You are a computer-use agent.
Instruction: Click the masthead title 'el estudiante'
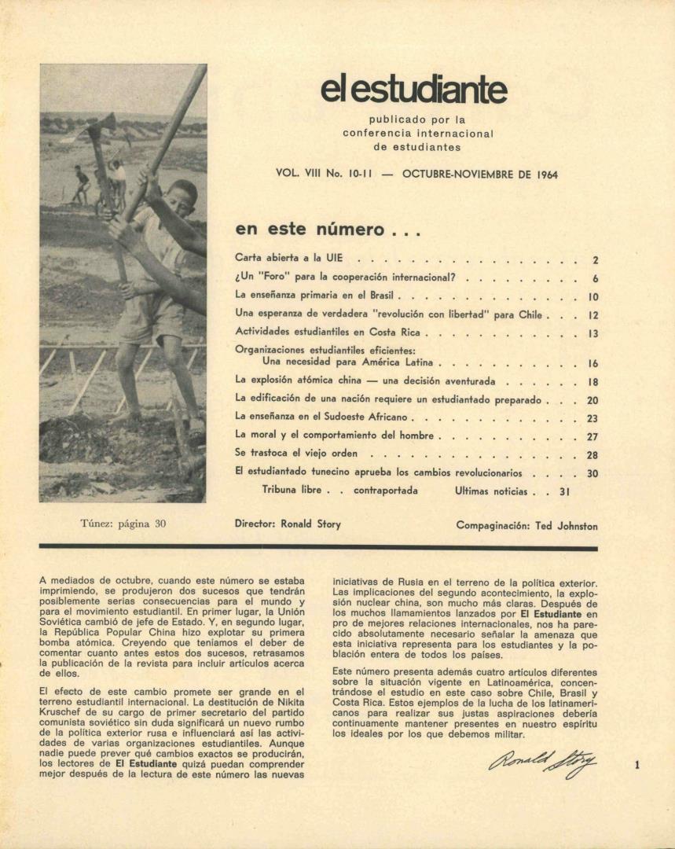(413, 90)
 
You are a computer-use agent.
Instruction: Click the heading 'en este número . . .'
(317, 230)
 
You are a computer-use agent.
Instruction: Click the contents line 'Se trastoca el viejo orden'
(296, 454)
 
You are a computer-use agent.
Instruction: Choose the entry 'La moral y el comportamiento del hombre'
(336, 435)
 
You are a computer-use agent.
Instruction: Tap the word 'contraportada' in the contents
(385, 491)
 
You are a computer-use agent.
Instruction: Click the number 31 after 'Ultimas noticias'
(563, 491)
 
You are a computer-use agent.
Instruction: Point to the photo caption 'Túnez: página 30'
(123, 523)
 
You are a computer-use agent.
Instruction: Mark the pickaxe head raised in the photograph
(97, 126)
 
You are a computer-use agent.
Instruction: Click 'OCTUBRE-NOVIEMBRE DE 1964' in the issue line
(479, 175)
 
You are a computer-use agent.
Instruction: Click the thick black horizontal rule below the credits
(317, 546)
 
